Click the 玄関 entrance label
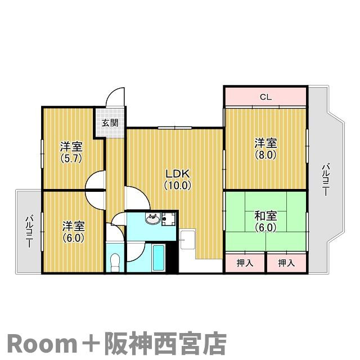(x=110, y=123)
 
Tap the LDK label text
(x=178, y=174)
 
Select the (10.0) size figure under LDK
(x=178, y=185)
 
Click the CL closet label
(x=265, y=97)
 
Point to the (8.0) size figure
(x=265, y=155)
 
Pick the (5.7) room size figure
(x=71, y=158)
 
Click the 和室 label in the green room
(x=265, y=216)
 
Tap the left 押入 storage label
(x=245, y=263)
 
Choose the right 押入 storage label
(x=286, y=263)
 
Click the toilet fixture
(x=115, y=262)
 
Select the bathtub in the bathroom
(x=159, y=258)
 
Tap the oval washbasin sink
(x=152, y=219)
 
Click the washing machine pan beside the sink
(x=169, y=219)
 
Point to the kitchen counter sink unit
(x=188, y=240)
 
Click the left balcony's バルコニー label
(x=29, y=231)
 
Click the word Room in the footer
(x=43, y=345)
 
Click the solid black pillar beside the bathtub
(x=172, y=257)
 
